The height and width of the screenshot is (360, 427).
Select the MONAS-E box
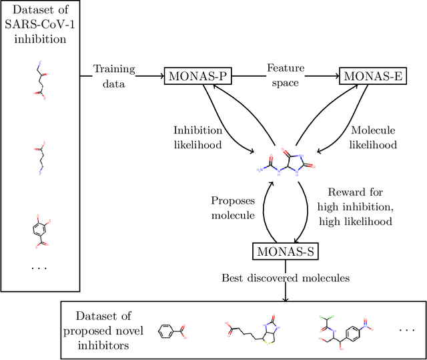point(372,76)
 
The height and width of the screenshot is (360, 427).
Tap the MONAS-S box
point(285,252)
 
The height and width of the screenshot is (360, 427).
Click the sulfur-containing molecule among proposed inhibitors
point(251,329)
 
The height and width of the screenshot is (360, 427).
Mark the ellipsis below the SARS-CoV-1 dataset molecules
point(40,267)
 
